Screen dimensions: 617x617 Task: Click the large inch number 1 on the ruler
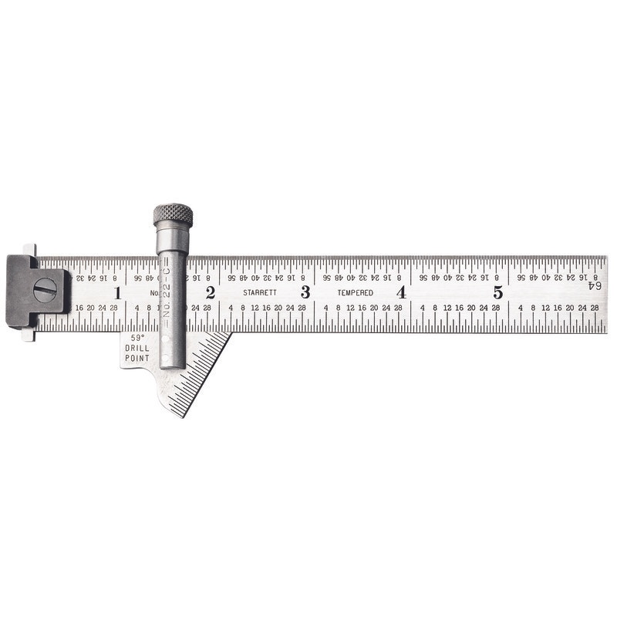click(x=117, y=293)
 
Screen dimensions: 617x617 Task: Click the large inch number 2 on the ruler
click(x=210, y=293)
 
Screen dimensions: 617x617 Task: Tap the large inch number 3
click(x=305, y=292)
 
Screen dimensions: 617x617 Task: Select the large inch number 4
click(x=401, y=292)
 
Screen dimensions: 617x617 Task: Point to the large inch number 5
click(x=498, y=292)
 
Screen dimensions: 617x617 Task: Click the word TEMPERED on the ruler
click(x=355, y=293)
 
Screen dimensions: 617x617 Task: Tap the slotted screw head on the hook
click(x=46, y=290)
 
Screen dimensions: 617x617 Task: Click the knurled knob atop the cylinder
click(x=173, y=214)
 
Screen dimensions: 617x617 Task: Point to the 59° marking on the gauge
click(x=137, y=338)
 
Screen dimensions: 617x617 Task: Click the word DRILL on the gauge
click(x=137, y=348)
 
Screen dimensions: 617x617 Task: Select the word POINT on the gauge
click(x=137, y=358)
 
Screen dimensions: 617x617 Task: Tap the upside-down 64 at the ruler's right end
click(x=595, y=285)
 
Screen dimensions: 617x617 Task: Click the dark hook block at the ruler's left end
click(x=35, y=291)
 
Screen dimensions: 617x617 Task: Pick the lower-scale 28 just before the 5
click(x=495, y=308)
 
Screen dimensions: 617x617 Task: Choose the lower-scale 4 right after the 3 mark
click(x=326, y=308)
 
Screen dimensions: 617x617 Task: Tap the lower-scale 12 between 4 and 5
click(x=447, y=308)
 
